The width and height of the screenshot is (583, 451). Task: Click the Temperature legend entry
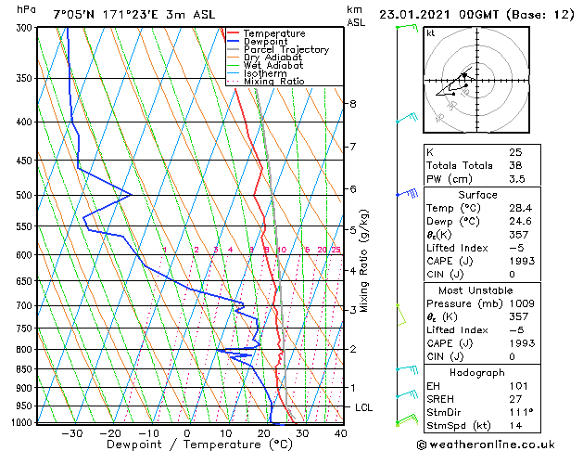coord(273,33)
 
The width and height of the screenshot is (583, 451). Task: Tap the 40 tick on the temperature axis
coord(340,432)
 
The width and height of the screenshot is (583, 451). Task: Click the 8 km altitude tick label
coord(353,103)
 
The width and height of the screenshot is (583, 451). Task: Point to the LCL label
coord(364,407)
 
